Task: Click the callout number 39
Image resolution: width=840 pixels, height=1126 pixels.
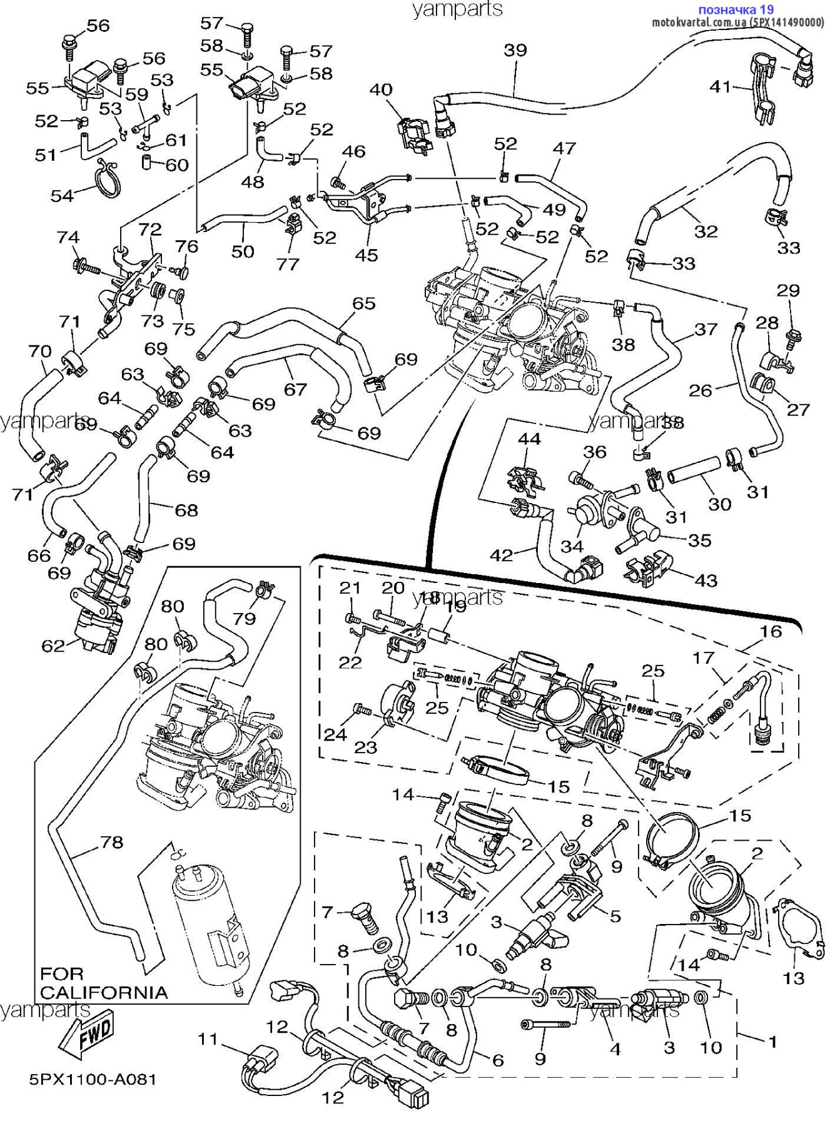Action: [x=515, y=50]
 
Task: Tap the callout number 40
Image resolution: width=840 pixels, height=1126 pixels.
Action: [x=380, y=89]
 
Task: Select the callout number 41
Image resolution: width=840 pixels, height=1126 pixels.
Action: [x=721, y=86]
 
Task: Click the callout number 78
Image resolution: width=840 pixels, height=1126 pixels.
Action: [x=111, y=842]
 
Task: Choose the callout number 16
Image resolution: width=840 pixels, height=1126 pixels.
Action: [x=771, y=631]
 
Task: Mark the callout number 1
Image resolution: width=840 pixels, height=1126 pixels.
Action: [x=772, y=1042]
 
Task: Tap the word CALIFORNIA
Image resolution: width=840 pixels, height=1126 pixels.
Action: [x=104, y=993]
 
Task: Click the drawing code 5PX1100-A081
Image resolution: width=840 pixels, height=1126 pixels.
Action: [x=93, y=1079]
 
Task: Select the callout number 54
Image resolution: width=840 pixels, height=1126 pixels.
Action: [x=62, y=196]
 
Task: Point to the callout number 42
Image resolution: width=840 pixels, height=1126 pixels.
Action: [x=501, y=554]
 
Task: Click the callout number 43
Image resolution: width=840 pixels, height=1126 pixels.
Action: [x=706, y=581]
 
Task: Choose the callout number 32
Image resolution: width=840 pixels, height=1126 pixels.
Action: [x=706, y=231]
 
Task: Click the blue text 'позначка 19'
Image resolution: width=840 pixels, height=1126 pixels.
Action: [x=736, y=9]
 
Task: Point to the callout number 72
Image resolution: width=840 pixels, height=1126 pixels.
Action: [x=150, y=230]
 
